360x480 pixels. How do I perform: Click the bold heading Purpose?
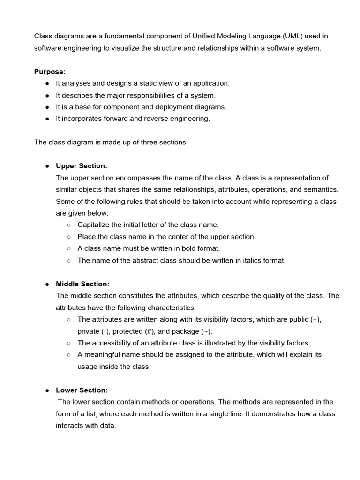click(50, 72)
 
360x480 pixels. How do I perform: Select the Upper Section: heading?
click(82, 166)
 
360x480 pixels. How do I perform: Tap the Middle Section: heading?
click(82, 284)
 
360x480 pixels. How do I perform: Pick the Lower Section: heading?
click(82, 390)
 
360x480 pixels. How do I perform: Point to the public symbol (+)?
click(315, 319)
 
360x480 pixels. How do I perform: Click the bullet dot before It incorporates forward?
click(47, 119)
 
